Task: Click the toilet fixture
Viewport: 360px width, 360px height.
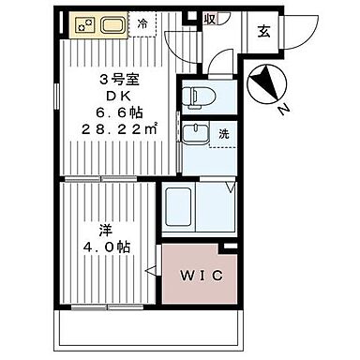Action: (198, 96)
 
